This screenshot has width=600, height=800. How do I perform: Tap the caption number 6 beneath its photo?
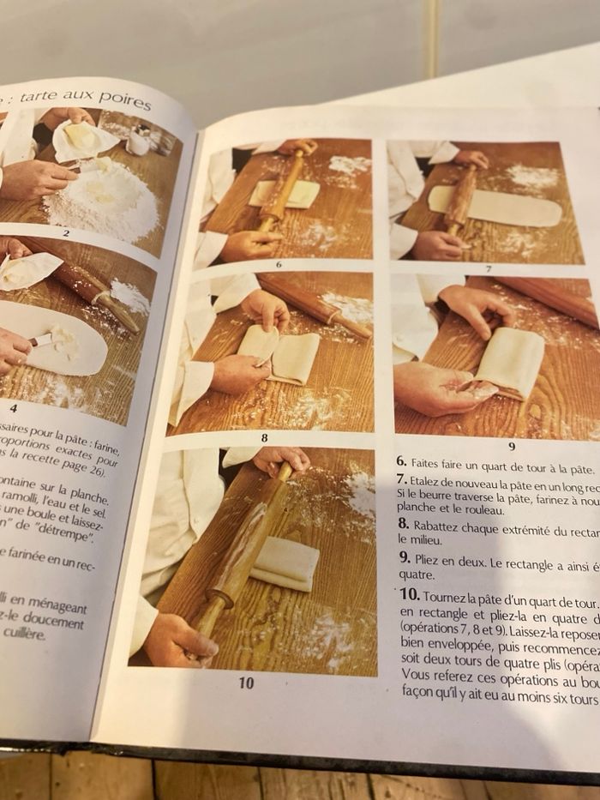279,264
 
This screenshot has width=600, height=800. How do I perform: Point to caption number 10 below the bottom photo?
246,683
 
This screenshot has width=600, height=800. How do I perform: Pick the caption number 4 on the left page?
14,409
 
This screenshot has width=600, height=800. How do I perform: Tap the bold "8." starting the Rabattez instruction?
403,522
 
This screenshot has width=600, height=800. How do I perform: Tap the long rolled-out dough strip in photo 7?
506,208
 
